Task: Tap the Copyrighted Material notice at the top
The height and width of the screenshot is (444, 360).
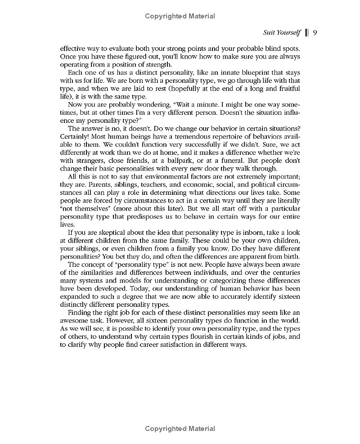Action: (180, 16)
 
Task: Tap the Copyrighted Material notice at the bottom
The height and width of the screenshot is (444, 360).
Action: (180, 429)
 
